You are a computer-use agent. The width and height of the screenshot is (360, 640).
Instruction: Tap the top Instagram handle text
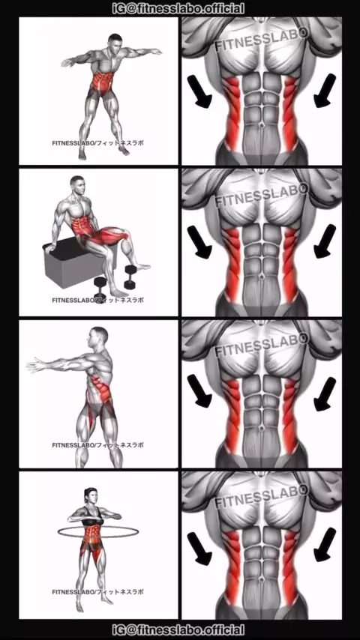[178, 8]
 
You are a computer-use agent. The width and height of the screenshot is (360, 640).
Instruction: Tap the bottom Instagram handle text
[178, 630]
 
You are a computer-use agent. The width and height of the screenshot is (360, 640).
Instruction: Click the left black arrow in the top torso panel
[199, 91]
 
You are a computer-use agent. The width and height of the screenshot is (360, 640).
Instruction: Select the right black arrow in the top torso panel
[325, 91]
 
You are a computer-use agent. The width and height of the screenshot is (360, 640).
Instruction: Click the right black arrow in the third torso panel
[325, 394]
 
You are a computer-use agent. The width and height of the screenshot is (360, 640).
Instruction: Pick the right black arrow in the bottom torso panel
[325, 545]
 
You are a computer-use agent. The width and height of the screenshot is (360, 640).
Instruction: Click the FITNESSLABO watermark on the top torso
[262, 40]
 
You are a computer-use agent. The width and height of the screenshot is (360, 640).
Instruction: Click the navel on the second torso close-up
[262, 277]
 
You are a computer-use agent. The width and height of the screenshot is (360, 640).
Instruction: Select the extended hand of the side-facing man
[34, 364]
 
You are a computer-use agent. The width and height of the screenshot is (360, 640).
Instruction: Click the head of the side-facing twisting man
[98, 336]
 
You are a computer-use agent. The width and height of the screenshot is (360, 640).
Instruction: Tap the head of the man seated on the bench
[78, 185]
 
